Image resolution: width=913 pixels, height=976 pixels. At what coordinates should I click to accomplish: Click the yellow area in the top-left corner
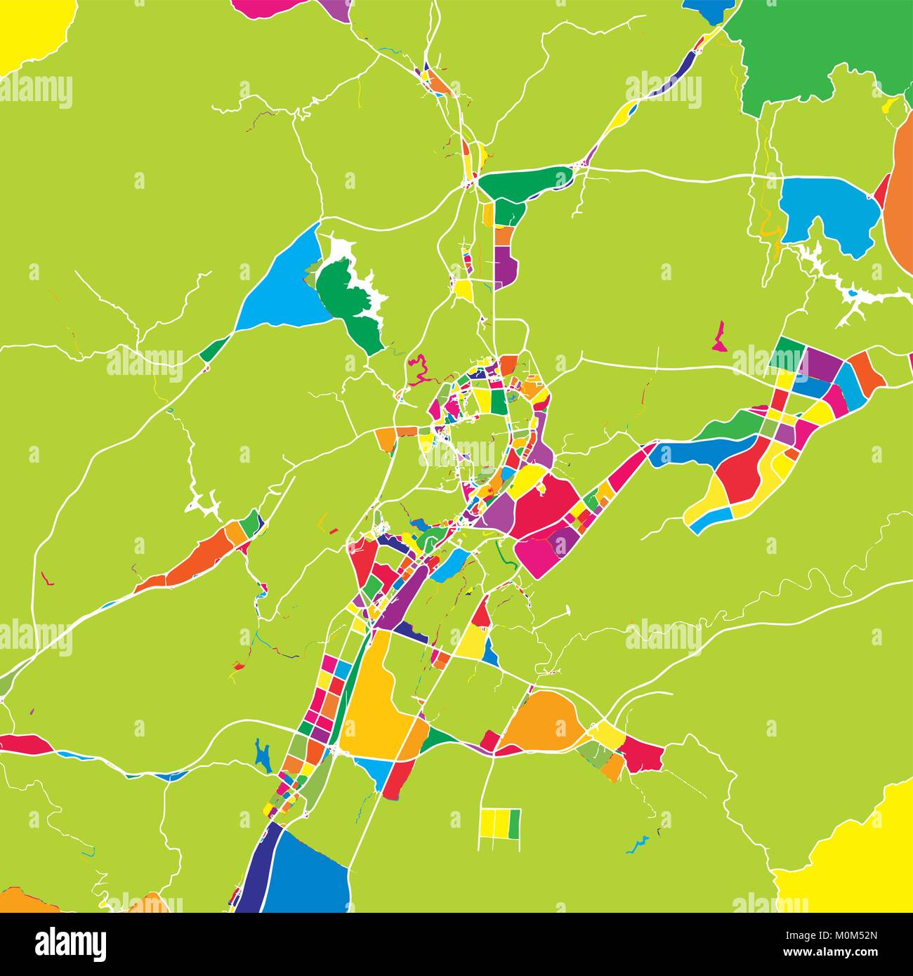(x=28, y=28)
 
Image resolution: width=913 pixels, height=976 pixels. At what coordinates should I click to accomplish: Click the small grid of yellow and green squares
(x=500, y=824)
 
